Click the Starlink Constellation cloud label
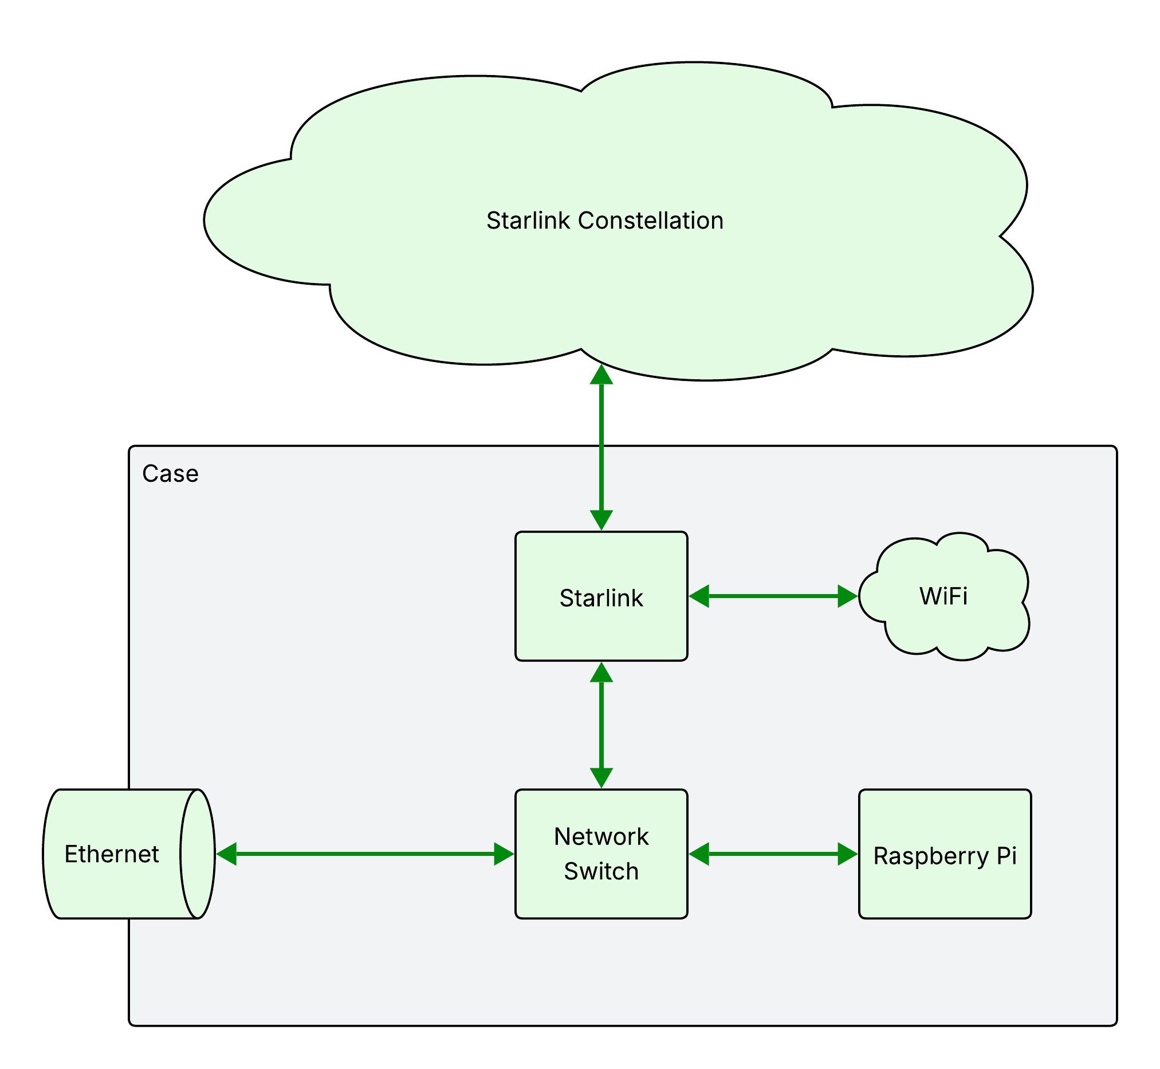[604, 221]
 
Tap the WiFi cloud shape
[943, 596]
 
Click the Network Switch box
[601, 854]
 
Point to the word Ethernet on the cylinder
[111, 854]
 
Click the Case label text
[170, 474]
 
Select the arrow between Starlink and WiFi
[773, 596]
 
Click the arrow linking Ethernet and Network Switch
[364, 854]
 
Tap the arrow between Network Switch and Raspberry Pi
[773, 854]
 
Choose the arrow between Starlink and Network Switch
[601, 725]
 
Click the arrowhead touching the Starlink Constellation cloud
[601, 375]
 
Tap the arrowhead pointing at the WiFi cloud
[847, 596]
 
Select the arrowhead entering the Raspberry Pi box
[847, 854]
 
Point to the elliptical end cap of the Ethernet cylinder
[198, 854]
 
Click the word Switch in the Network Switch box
[601, 872]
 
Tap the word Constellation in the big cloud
[651, 221]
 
